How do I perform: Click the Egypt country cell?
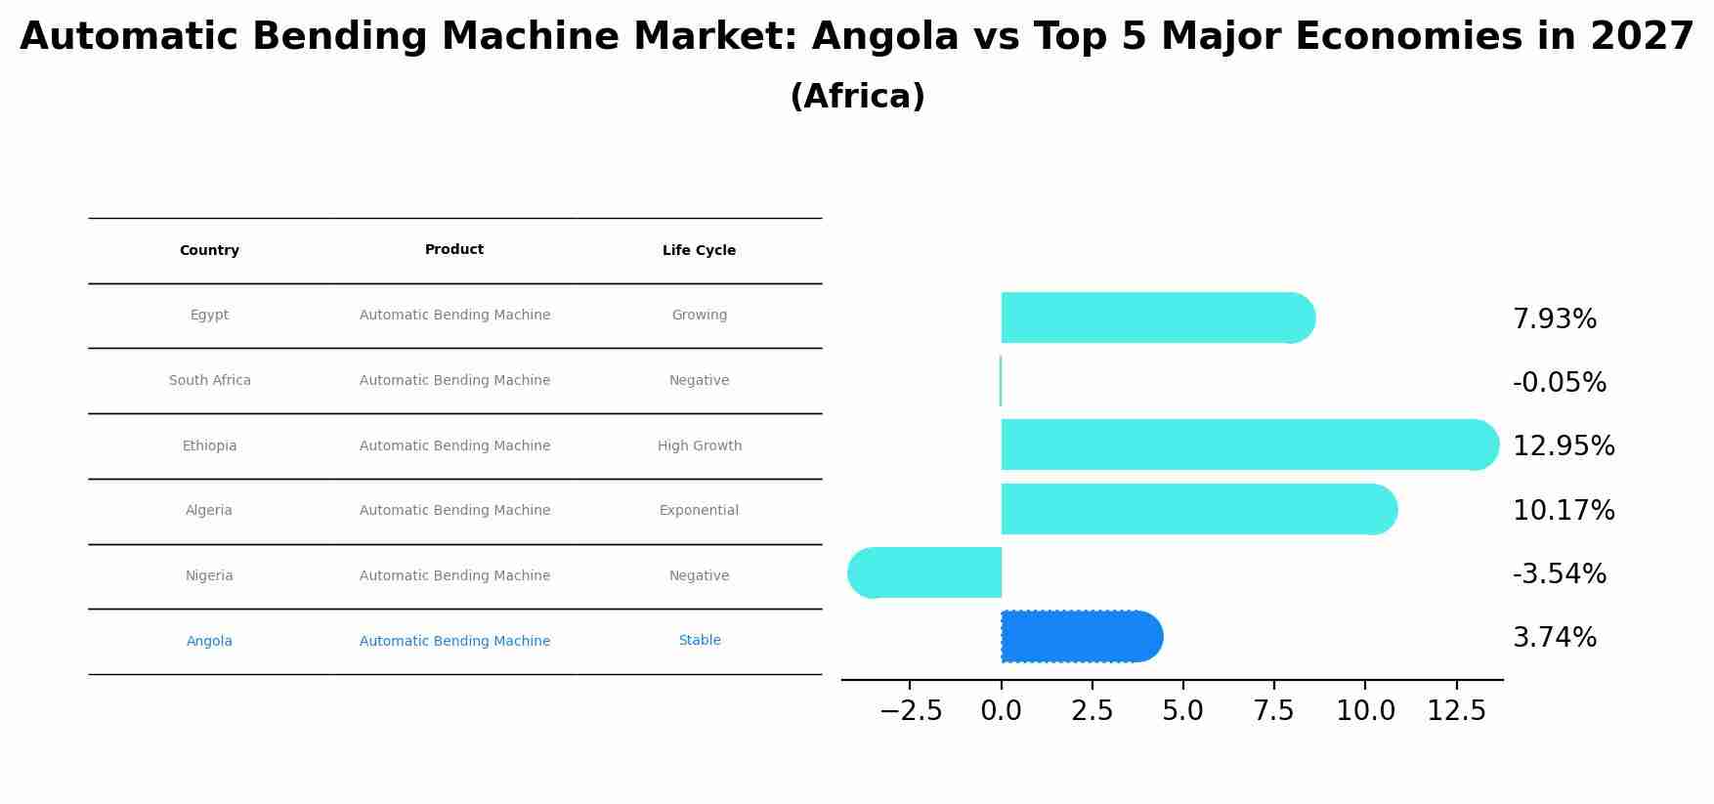click(x=209, y=316)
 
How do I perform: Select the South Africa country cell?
click(x=209, y=381)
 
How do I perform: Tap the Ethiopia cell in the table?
click(x=209, y=446)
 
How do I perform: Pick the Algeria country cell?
click(x=209, y=511)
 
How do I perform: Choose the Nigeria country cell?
click(x=209, y=576)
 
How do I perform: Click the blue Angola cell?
click(x=209, y=642)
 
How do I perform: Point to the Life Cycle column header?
click(x=699, y=251)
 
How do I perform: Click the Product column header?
click(x=454, y=250)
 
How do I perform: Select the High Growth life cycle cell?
click(x=699, y=446)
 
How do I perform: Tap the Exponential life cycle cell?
click(x=699, y=511)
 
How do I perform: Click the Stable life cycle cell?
click(x=699, y=641)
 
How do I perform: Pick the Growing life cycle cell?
click(x=699, y=316)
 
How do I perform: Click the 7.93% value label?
click(x=1554, y=319)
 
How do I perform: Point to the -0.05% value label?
click(x=1559, y=383)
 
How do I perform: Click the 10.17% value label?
click(x=1563, y=511)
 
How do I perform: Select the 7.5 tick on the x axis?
click(x=1274, y=711)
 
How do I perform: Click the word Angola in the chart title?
click(x=884, y=37)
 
